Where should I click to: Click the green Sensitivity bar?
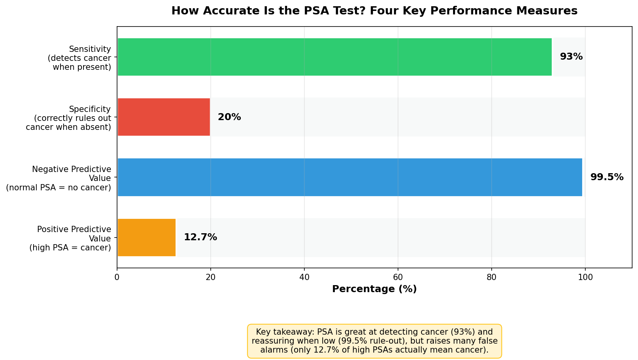335,57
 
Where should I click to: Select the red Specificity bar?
164,117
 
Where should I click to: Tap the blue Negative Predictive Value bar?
350,177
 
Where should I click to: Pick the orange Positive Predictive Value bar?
147,238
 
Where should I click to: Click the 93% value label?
571,57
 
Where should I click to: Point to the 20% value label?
229,117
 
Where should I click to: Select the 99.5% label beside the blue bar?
607,177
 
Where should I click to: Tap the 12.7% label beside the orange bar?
200,237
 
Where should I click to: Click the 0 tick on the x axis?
117,277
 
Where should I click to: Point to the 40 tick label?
304,277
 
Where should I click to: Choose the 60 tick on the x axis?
398,277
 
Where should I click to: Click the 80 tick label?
492,277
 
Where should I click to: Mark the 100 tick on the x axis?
585,277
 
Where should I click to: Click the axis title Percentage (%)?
374,289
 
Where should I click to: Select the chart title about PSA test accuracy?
374,11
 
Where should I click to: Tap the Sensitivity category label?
80,58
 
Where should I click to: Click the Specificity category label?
68,118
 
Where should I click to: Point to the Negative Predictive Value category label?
59,178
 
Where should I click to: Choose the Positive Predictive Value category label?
70,238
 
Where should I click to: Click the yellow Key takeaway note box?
374,341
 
